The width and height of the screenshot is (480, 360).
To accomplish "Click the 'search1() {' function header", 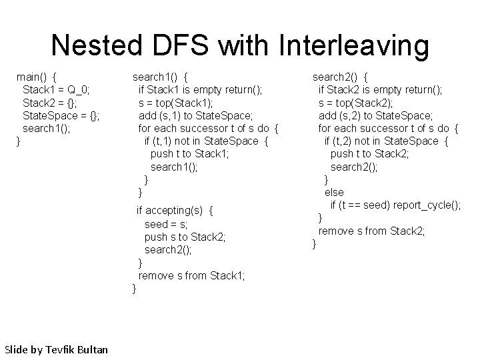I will tap(160, 76).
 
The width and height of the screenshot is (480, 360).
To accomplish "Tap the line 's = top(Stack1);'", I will tap(176, 102).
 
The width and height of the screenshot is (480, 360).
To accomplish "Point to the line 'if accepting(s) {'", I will tap(175, 211).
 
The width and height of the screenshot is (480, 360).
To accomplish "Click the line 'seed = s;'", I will tap(166, 224).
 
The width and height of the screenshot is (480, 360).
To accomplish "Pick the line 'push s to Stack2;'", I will tap(185, 237).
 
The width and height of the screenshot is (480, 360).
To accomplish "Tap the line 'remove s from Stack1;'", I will tap(191, 275).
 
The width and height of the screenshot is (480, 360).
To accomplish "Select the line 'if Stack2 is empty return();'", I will tap(380, 89).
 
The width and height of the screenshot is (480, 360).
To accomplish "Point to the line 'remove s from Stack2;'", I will tap(371, 231).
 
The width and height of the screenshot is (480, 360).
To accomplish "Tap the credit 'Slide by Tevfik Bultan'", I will tap(56, 349).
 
